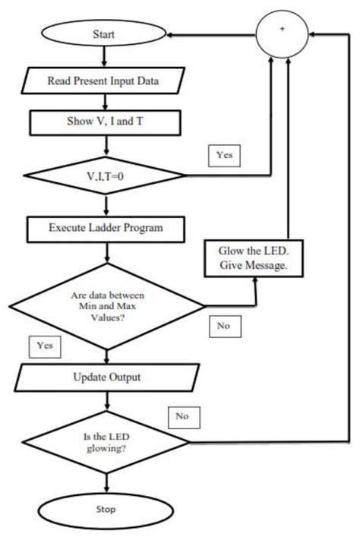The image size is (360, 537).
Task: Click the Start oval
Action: [x=103, y=35]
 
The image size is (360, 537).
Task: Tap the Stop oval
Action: [x=106, y=509]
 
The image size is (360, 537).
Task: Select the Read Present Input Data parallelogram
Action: [x=103, y=81]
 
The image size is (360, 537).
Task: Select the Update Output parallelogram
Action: [x=106, y=377]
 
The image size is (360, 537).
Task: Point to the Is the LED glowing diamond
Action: [x=106, y=442]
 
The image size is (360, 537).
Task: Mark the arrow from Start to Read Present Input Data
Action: [x=104, y=58]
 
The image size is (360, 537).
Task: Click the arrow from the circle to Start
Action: [x=213, y=35]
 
